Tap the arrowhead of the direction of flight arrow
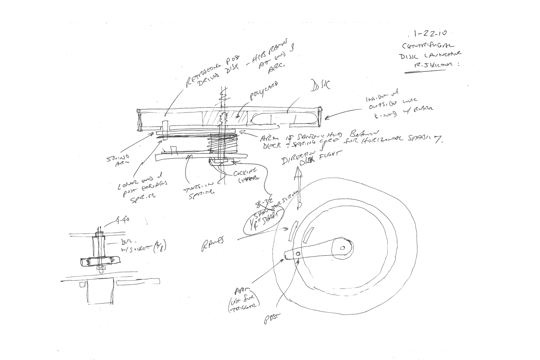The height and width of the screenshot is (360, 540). click(298, 173)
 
